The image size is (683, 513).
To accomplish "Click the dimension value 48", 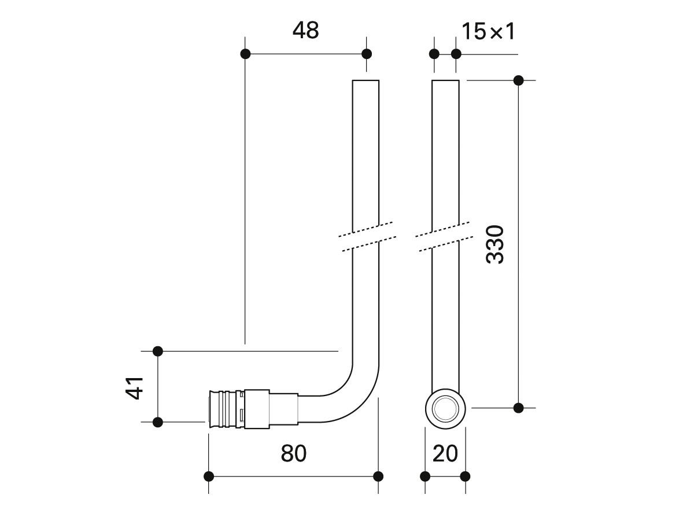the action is [x=306, y=31].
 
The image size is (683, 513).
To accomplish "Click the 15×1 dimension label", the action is [x=488, y=31].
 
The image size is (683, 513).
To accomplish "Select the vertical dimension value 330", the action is [x=495, y=244].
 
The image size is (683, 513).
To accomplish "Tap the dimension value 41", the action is [x=135, y=388].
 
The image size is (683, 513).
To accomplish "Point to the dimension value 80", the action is [x=294, y=453].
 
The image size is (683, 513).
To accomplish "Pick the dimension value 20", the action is [x=445, y=453].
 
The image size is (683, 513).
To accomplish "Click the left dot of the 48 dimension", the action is [x=245, y=54].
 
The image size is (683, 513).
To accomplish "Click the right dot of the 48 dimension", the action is [x=367, y=54].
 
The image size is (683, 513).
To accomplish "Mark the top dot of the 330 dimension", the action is [x=518, y=80].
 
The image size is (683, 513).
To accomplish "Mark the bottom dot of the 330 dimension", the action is [x=518, y=408].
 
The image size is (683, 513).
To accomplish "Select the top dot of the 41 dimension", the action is [x=158, y=351].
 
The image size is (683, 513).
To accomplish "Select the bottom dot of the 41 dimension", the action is [x=158, y=422].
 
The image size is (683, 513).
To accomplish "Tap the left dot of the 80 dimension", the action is [x=209, y=477].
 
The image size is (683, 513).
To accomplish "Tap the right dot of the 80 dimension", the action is [x=379, y=477].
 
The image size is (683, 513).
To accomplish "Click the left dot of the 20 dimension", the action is [x=425, y=477].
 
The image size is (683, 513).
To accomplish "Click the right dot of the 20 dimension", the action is [x=465, y=477].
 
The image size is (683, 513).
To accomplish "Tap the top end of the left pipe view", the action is [x=366, y=80].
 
